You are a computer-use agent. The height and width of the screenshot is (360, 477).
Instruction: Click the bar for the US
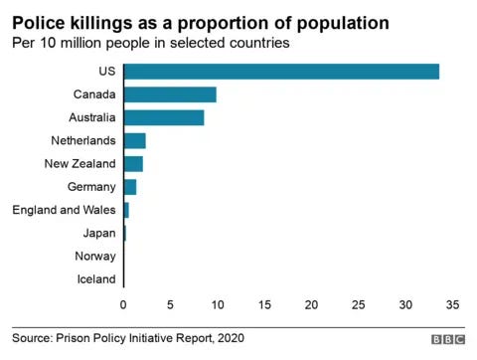point(281,71)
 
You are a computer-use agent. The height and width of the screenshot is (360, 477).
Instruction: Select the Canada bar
point(170,94)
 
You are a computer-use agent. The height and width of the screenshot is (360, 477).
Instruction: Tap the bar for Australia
point(164,117)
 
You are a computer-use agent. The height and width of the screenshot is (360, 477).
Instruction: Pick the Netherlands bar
point(134,140)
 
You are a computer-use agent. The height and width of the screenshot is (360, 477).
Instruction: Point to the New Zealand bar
point(133,163)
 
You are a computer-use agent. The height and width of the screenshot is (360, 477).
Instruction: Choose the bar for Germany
point(130,187)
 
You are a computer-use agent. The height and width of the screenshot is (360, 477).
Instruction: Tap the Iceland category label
point(95,279)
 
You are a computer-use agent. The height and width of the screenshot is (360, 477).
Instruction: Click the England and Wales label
point(64,210)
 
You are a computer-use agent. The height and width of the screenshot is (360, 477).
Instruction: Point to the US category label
point(107,71)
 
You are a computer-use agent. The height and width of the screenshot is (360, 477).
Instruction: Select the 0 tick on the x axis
point(123,304)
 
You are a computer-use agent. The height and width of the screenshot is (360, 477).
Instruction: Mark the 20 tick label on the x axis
point(311,304)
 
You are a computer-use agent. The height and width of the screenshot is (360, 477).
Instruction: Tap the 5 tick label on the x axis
point(170,304)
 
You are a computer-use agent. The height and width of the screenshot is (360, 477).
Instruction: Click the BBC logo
point(447,339)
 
